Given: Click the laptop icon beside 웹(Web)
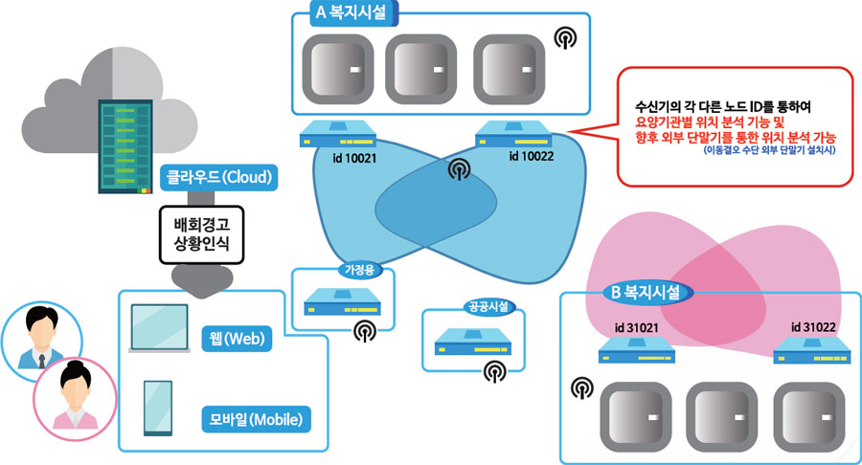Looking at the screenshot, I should point(160,328).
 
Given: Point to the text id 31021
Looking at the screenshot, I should point(637,328).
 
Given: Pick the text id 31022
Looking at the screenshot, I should point(813,327).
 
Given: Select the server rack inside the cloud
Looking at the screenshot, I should point(118,144).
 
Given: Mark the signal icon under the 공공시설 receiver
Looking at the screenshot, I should point(493,371).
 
